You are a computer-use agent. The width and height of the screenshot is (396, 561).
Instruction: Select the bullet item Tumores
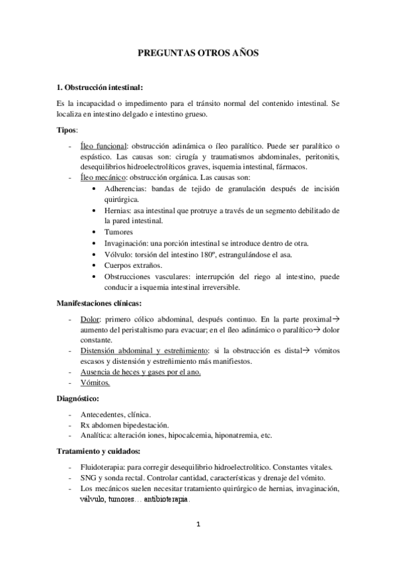pos(118,232)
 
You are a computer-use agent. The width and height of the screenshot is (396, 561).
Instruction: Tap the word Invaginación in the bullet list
pos(128,243)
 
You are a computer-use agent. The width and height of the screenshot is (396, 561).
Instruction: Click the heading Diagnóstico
pos(78,399)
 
